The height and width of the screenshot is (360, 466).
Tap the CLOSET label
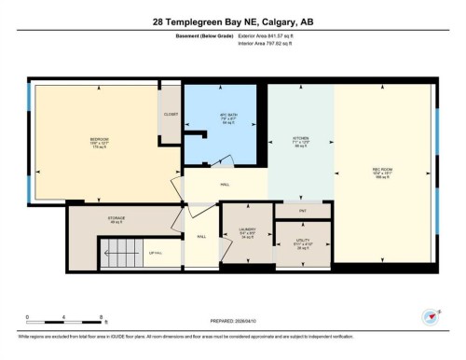[171, 115]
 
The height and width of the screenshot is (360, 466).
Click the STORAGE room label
[116, 219]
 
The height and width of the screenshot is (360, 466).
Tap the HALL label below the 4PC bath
[224, 185]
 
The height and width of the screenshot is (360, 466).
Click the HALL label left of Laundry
[201, 236]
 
